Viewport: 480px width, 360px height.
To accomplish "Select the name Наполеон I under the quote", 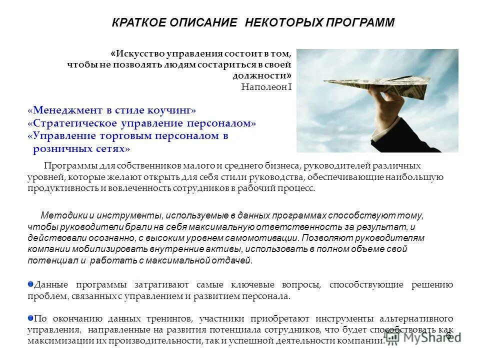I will click(266, 86).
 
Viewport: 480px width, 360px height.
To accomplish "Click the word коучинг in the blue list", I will click(172, 110).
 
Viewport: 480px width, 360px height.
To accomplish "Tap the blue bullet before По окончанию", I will click(30, 318).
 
